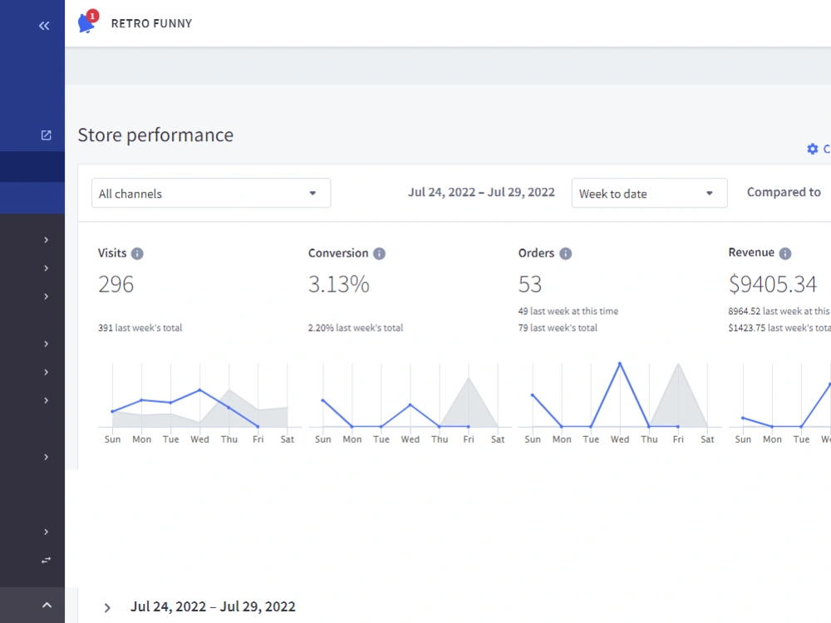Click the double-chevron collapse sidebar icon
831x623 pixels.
pyautogui.click(x=44, y=26)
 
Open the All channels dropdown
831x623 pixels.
pyautogui.click(x=211, y=193)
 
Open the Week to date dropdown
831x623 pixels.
pyautogui.click(x=649, y=193)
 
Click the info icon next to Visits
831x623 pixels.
pyautogui.click(x=137, y=253)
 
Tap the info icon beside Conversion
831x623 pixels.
pyautogui.click(x=380, y=253)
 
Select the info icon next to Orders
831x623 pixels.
pyautogui.click(x=566, y=253)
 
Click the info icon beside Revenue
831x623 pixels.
pyautogui.click(x=785, y=253)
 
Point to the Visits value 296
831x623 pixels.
pyautogui.click(x=116, y=284)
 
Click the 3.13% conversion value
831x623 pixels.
pyautogui.click(x=339, y=284)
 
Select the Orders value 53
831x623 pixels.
pyautogui.click(x=530, y=284)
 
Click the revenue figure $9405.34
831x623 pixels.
pyautogui.click(x=773, y=284)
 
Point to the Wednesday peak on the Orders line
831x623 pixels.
pyautogui.click(x=620, y=364)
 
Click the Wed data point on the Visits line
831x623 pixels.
pyautogui.click(x=199, y=390)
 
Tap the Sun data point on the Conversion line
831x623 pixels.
pyautogui.click(x=322, y=400)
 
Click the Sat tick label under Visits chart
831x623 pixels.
pyautogui.click(x=288, y=439)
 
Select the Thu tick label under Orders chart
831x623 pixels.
pyautogui.click(x=649, y=439)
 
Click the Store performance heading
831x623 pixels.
pyautogui.click(x=155, y=135)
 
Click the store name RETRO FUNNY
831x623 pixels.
pyautogui.click(x=151, y=23)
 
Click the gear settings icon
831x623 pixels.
pyautogui.click(x=813, y=149)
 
